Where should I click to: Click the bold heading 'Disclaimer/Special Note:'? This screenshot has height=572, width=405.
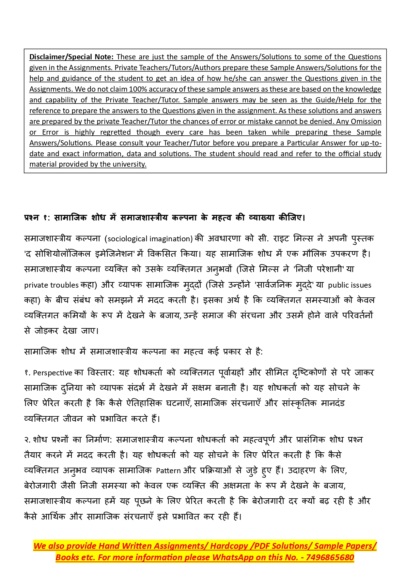[x=71, y=57]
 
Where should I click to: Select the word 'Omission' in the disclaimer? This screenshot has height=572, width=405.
[x=366, y=121]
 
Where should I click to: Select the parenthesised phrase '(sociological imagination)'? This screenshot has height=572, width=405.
[x=149, y=239]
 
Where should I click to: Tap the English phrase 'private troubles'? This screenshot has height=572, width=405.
[x=51, y=285]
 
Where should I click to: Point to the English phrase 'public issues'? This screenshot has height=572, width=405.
[x=350, y=285]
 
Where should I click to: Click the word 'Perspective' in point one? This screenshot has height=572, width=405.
[x=53, y=373]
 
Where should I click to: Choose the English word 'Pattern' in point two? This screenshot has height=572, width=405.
[x=168, y=471]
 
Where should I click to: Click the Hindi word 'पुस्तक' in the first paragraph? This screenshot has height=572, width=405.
[x=362, y=239]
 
